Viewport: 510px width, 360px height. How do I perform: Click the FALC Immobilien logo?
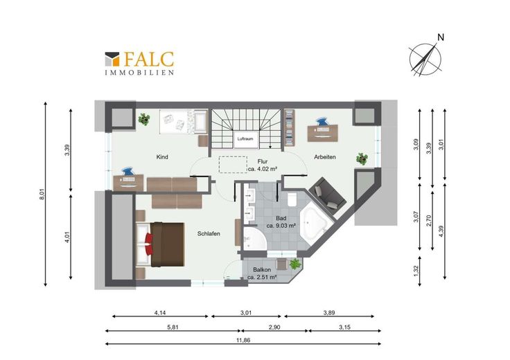(139, 64)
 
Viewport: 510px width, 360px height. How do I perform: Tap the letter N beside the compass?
(441, 37)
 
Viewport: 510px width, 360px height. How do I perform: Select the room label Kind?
(162, 157)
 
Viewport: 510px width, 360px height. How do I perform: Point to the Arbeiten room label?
(324, 157)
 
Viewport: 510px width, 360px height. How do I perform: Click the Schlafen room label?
(209, 233)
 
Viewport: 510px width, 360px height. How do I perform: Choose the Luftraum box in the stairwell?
(245, 138)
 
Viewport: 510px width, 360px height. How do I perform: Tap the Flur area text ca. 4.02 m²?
(262, 169)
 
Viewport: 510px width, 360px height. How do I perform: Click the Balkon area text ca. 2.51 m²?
(262, 278)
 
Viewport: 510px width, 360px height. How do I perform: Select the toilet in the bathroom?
(292, 199)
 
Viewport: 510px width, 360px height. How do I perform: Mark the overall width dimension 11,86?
(243, 341)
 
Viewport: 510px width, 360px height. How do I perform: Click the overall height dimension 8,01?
(42, 194)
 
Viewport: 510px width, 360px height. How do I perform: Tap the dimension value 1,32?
(416, 271)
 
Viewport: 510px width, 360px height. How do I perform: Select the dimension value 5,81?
(173, 327)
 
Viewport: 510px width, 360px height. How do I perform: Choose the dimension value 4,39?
(441, 231)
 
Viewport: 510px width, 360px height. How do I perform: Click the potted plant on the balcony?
(295, 264)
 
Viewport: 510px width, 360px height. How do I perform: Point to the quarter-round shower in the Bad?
(254, 239)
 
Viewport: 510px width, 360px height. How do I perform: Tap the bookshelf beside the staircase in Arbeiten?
(289, 127)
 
